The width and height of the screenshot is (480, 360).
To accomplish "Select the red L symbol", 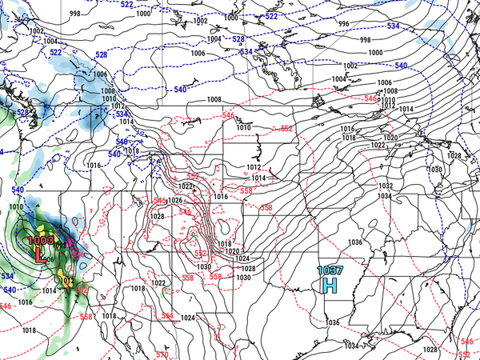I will point(39,255).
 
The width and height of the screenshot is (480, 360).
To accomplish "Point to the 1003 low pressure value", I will point(39,239).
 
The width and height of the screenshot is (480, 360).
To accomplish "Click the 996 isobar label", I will point(344,24).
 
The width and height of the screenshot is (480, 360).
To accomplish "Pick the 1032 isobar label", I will point(385,186).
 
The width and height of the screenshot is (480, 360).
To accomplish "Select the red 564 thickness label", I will point(166,316).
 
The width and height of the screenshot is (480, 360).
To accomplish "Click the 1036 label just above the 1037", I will point(355,242).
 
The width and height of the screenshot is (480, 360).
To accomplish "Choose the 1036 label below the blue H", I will point(332,322).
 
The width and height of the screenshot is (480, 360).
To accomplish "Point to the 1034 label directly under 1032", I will point(385,196).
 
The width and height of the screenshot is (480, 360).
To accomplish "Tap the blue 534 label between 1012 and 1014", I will point(122,114).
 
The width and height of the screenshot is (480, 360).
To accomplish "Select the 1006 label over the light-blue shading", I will point(101,74).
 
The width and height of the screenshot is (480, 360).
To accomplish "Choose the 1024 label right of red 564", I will point(189,318).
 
